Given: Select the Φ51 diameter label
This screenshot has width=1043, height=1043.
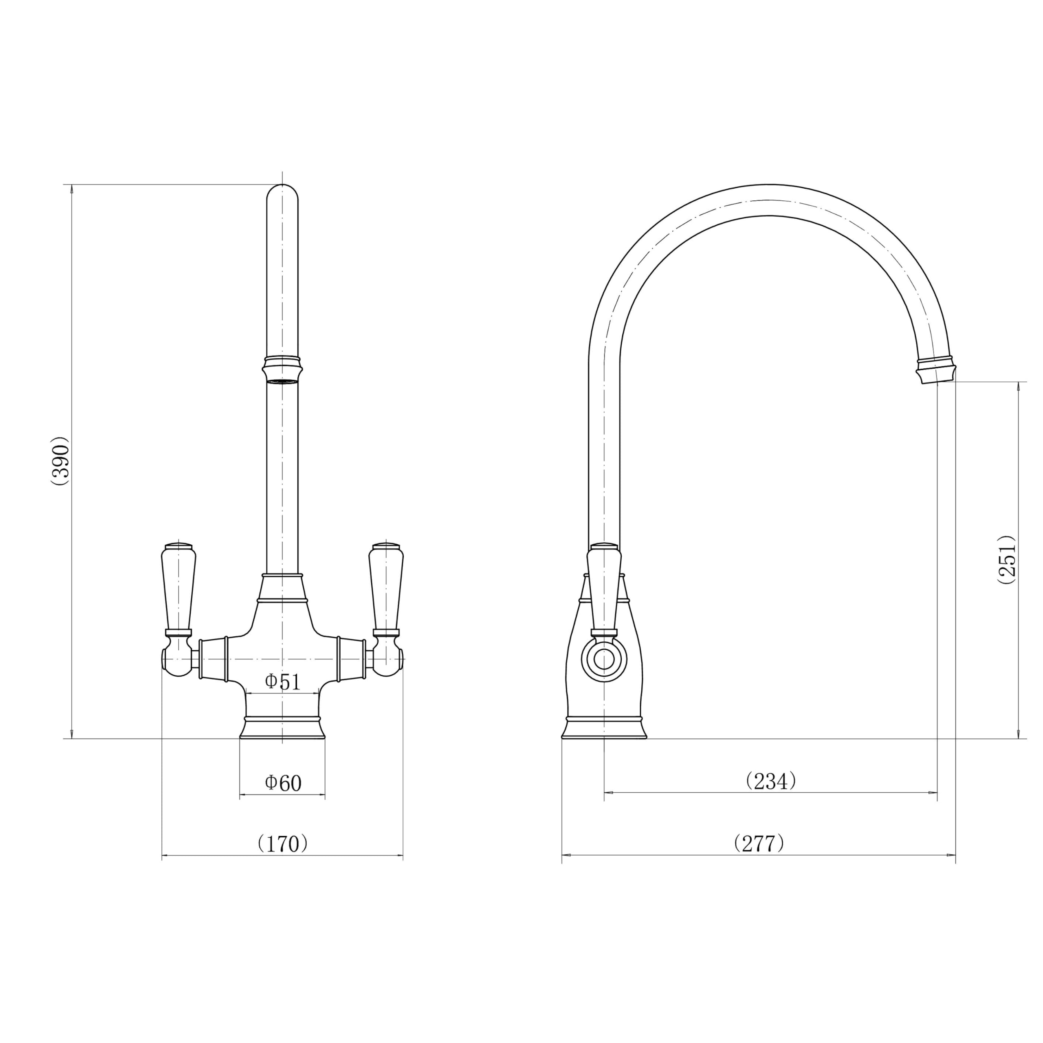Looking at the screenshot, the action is [282, 682].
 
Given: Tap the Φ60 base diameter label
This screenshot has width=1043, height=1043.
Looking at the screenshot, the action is [283, 783].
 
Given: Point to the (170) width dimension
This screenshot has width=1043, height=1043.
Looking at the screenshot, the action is [282, 843].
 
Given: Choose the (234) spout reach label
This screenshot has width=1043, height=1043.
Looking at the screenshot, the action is [771, 781].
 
